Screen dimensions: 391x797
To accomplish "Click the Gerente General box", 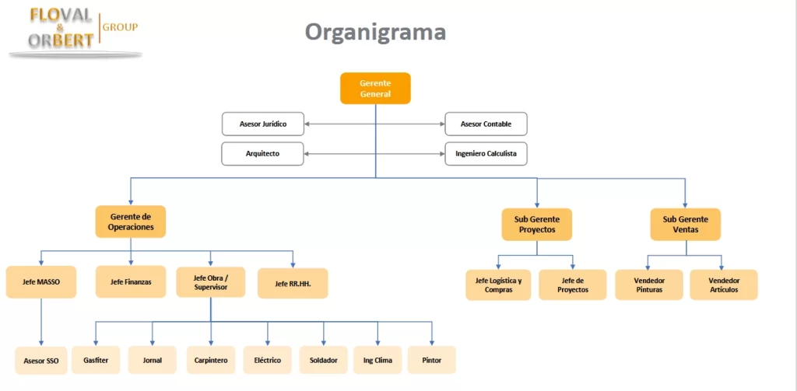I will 375,88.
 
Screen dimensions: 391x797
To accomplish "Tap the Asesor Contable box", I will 486,124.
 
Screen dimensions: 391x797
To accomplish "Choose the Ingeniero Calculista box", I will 486,154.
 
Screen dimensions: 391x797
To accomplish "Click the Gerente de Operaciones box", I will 131,222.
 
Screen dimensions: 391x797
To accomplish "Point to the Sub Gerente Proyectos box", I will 537,225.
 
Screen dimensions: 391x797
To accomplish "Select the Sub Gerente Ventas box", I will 685,225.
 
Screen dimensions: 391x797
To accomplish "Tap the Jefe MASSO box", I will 41,282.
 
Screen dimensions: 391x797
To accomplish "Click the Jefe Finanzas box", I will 131,282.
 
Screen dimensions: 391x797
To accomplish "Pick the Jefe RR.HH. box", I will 293,284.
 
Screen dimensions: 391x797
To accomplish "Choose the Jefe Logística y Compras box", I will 498,285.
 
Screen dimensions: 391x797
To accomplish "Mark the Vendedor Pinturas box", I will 648,285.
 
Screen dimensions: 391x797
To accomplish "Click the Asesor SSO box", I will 41,361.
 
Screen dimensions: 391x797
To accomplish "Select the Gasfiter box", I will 96,360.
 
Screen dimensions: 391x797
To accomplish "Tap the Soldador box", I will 323,360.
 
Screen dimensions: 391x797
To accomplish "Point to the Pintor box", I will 431,360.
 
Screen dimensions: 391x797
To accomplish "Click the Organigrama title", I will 375,32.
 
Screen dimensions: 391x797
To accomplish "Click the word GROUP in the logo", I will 121,27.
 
